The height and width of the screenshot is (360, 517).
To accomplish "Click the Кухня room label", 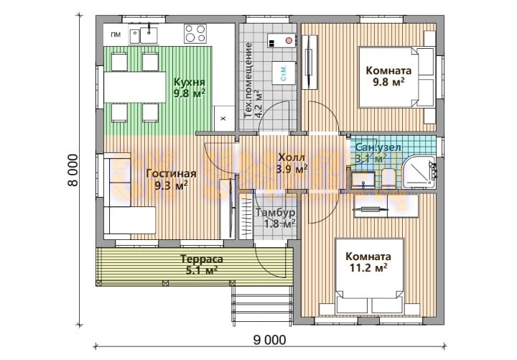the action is tap(190, 81).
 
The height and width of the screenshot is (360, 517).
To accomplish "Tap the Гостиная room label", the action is tap(171, 174).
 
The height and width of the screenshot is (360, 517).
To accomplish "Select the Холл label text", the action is tap(292, 157).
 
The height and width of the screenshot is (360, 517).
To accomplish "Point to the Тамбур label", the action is tap(275, 213).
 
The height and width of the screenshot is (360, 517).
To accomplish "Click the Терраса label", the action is tap(202, 259).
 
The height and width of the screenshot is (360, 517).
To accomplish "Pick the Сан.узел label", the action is tap(378, 147).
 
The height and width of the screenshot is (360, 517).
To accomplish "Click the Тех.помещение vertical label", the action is tap(249, 80).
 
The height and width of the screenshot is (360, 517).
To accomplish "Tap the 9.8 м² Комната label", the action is tap(388, 70).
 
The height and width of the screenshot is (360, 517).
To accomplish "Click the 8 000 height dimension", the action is tap(73, 170).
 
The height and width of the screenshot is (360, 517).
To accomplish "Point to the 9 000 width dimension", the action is tap(270, 340).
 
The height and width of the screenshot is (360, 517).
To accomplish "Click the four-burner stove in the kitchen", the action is tap(195, 34).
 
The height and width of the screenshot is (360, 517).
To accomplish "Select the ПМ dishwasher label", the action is tap(116, 34).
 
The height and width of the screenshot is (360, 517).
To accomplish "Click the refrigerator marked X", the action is tap(223, 119).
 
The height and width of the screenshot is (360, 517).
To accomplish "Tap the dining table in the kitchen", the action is tap(134, 88).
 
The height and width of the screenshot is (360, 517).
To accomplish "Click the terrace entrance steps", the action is tap(263, 305).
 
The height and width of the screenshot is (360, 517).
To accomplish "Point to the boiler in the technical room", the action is tap(281, 41).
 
